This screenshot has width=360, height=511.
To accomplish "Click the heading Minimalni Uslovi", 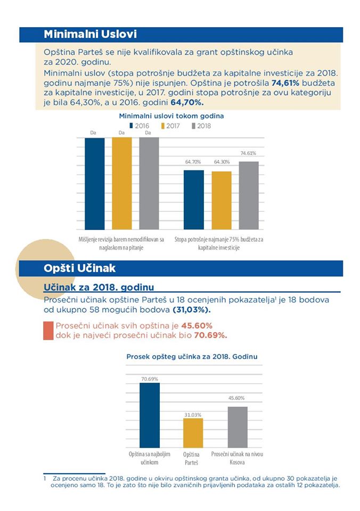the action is point(91,34).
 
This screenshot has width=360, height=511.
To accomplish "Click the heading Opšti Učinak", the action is point(79,268).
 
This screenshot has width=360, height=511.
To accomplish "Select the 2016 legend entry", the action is point(139,126).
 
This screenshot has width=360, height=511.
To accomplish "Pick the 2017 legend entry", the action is point(170,126).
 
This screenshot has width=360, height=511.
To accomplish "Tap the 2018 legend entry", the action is point(201,126).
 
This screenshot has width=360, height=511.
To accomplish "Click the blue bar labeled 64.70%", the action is point(194,200).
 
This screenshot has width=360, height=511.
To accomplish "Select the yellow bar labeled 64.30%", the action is point(222,201).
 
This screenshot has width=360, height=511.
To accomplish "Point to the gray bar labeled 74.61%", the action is point(249,195).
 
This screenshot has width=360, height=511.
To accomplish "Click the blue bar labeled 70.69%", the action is point(150,415).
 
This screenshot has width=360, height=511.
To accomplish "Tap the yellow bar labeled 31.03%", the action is point(193,433).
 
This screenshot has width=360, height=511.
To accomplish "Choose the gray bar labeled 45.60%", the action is point(238,427).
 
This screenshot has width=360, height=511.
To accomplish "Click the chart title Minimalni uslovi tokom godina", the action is point(171,116).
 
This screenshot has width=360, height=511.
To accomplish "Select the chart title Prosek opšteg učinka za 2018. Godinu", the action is point(192,357).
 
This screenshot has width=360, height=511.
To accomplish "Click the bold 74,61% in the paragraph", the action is point(285,83).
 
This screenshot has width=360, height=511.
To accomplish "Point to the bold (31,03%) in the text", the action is point(191,310).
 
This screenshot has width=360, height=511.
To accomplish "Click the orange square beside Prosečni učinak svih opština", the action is point(48,331).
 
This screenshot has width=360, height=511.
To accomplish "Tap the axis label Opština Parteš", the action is point(191,458).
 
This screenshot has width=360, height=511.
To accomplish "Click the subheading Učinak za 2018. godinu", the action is point(99,287).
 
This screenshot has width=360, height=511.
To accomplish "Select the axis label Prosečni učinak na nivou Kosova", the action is point(237,458).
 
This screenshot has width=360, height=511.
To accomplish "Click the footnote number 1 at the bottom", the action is point(45,479).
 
